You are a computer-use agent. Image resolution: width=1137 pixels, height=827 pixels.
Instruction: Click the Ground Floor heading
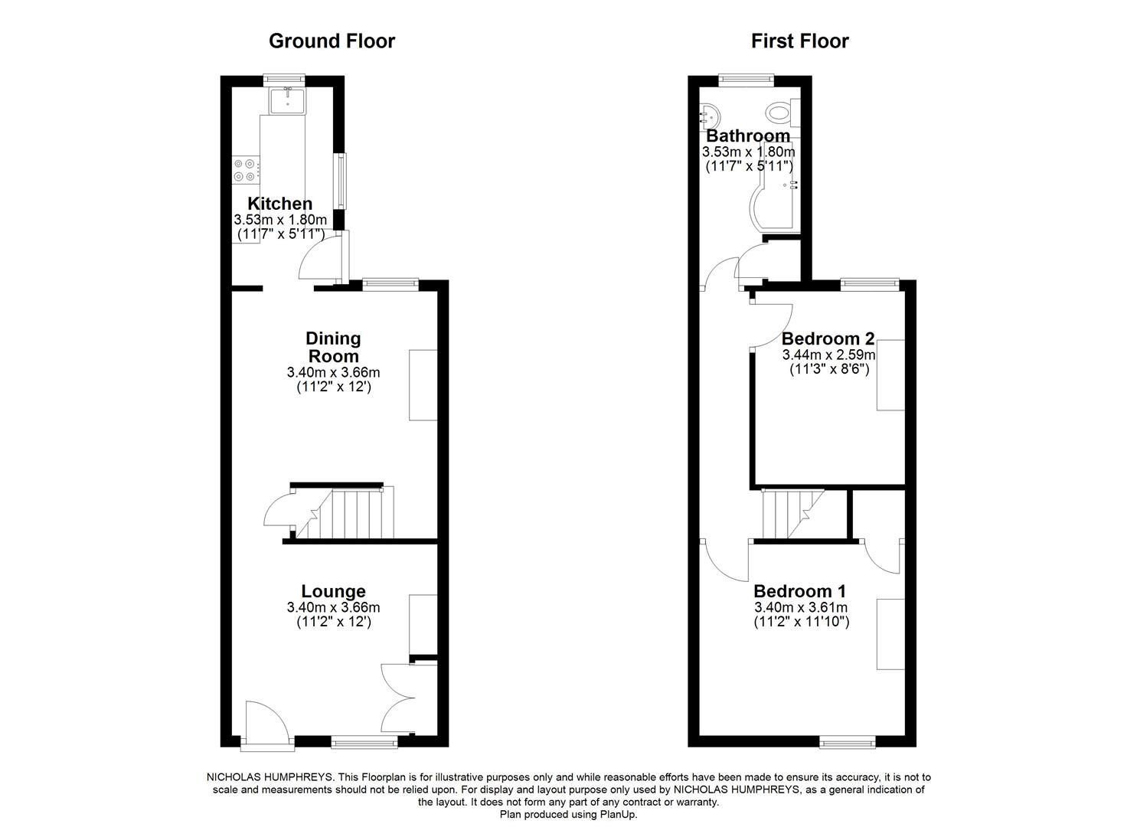[x=332, y=41]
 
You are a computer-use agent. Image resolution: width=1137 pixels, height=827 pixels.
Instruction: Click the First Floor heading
[x=799, y=41]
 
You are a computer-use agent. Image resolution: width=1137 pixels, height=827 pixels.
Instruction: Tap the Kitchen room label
[x=279, y=204]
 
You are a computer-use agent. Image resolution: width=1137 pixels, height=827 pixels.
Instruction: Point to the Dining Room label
[x=333, y=347]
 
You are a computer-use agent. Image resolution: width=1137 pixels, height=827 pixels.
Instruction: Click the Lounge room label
[x=333, y=591]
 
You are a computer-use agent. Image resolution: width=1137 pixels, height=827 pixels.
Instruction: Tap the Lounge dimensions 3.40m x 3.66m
[x=333, y=608]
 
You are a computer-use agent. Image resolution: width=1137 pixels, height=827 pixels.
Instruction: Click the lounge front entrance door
[x=268, y=721]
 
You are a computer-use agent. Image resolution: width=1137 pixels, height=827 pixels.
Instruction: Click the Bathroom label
[x=748, y=136]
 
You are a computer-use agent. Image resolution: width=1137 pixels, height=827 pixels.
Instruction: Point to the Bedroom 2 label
[x=828, y=338]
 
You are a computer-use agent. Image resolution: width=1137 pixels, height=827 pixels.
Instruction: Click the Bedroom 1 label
[x=799, y=591]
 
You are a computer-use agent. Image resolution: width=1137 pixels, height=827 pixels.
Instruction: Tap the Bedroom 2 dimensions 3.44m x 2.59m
[x=828, y=355]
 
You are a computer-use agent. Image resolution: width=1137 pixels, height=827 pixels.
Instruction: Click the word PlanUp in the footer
[x=617, y=815]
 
